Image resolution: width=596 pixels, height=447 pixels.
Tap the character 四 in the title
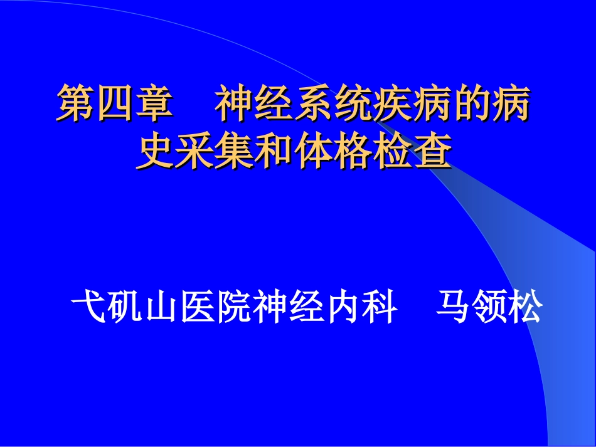[x=114, y=105]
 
